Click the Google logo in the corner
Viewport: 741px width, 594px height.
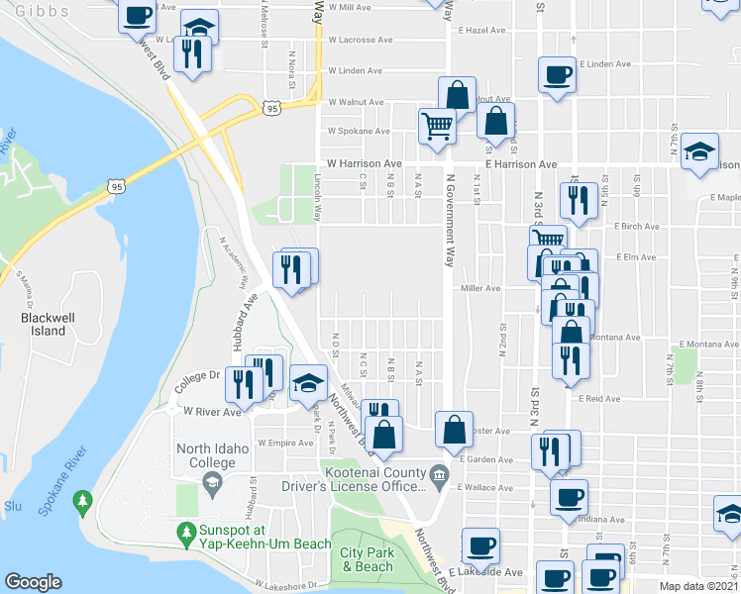point(33,582)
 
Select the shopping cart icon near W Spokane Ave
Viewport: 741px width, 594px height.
point(436,126)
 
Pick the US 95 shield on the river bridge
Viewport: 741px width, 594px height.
point(117,186)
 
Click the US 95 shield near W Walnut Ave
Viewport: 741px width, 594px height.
point(271,106)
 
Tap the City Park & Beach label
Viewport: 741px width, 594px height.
point(367,559)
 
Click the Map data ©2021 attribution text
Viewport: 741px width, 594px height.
point(698,586)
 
